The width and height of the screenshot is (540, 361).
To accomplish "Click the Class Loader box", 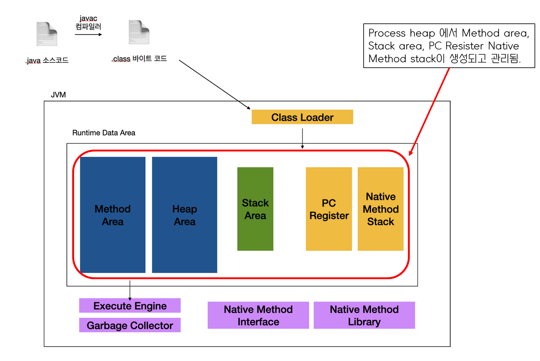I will click(302, 117).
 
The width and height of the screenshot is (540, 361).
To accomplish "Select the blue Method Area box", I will click(113, 215).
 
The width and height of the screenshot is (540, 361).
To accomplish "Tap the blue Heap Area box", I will click(184, 215).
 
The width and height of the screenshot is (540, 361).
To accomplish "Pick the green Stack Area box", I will click(255, 209).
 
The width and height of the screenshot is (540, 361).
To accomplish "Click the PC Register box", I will click(329, 209).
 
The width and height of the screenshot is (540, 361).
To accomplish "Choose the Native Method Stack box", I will click(381, 209).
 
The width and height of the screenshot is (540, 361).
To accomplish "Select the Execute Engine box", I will click(130, 305).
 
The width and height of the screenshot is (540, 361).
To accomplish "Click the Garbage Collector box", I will click(130, 325).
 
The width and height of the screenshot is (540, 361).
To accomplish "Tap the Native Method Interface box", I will click(258, 315).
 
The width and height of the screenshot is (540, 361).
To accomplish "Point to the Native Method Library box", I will click(364, 315).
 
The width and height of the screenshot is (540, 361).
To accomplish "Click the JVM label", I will click(58, 95).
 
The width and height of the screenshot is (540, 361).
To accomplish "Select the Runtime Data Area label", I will click(104, 133).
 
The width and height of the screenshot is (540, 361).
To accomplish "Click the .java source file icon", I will click(47, 34).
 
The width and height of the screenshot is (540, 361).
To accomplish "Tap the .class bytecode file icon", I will click(139, 32).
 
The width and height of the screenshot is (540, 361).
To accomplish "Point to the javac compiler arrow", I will click(88, 34).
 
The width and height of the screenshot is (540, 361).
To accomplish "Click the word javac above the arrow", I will click(88, 19).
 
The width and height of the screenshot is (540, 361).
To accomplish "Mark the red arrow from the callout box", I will click(430, 111).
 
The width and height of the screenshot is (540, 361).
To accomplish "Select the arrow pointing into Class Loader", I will click(214, 84).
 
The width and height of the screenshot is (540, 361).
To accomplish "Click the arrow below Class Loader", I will click(302, 138).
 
